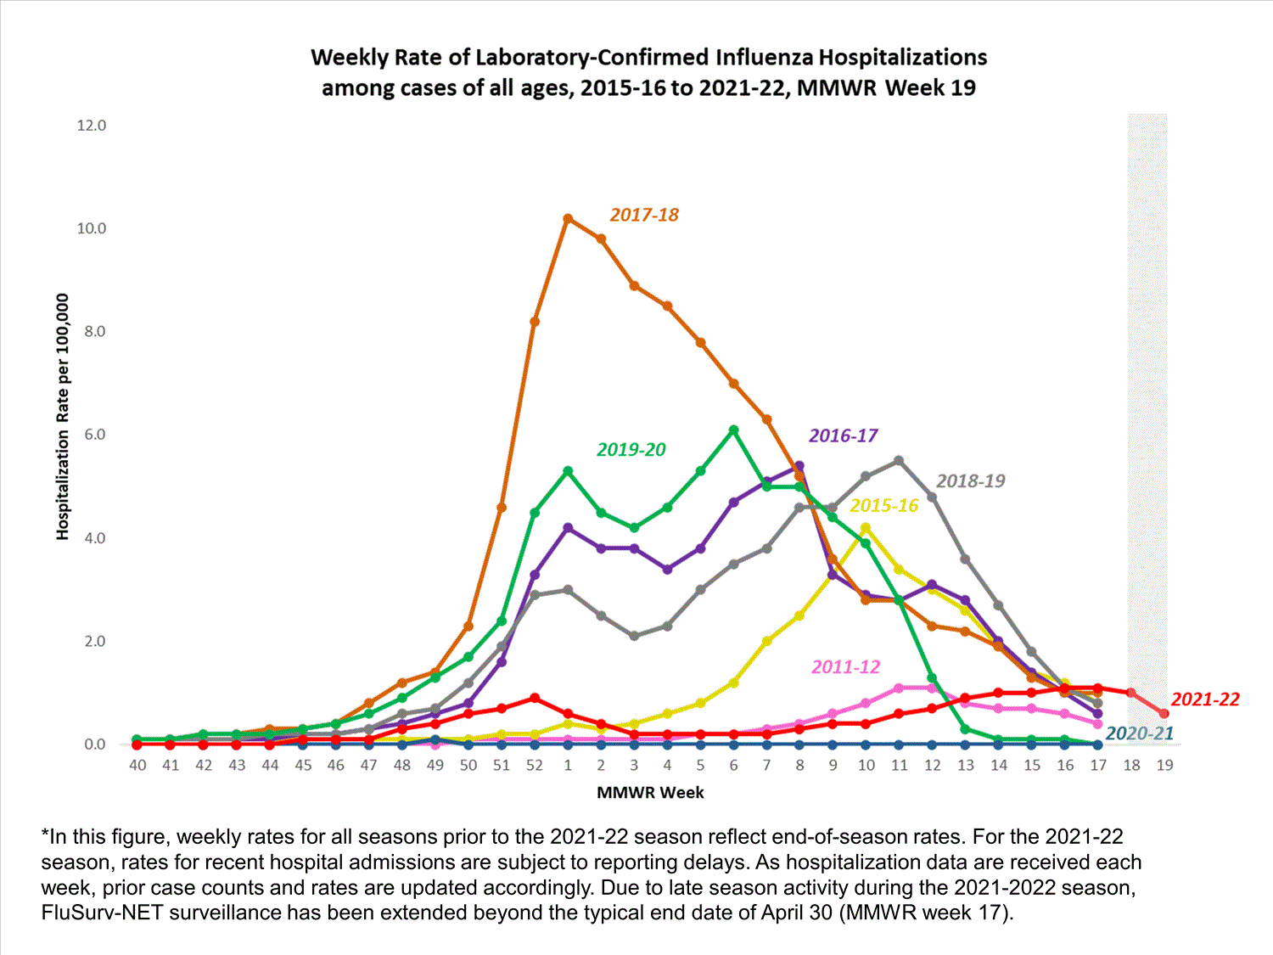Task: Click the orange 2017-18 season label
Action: (644, 215)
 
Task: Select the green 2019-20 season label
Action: (631, 450)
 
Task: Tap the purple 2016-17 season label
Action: (843, 436)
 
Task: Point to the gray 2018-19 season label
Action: (970, 481)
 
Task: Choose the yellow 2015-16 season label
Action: (883, 506)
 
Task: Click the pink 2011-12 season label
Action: (845, 667)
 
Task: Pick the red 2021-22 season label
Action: (1205, 699)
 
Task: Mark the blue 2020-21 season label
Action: (1139, 733)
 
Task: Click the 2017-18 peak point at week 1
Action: (568, 219)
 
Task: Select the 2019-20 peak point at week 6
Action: (734, 430)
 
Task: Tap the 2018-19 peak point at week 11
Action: (899, 461)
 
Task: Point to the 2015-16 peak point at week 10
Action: (866, 528)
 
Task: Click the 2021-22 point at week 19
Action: (1164, 714)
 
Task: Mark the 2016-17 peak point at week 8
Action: (799, 466)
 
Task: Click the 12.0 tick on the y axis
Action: (92, 126)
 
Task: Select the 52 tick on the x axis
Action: (534, 765)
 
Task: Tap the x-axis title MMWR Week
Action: (650, 793)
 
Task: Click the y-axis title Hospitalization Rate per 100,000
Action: (62, 416)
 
